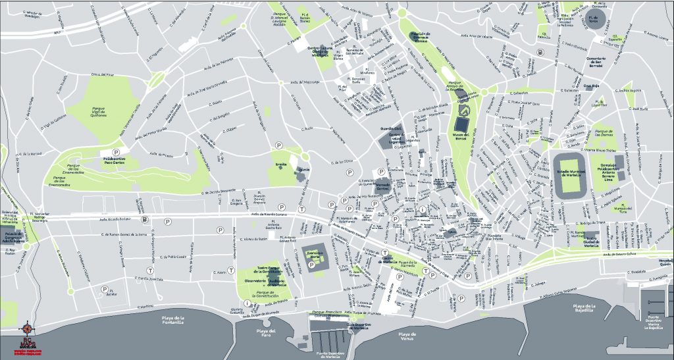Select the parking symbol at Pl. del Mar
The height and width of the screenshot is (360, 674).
click(105, 289)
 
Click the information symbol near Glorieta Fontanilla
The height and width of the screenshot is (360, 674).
click(247, 303)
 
